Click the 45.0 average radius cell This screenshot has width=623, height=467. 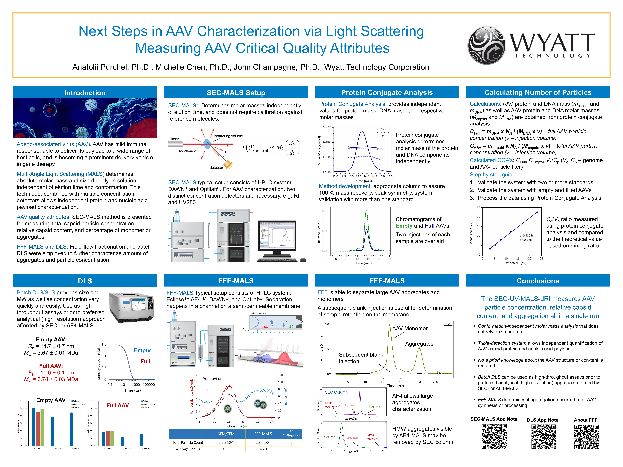click(x=263, y=449)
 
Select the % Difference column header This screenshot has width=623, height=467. click(x=292, y=434)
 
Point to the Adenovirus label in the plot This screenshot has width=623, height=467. click(x=212, y=379)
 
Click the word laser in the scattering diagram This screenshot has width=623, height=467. click(x=175, y=139)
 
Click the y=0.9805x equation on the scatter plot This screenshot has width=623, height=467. click(x=526, y=236)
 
